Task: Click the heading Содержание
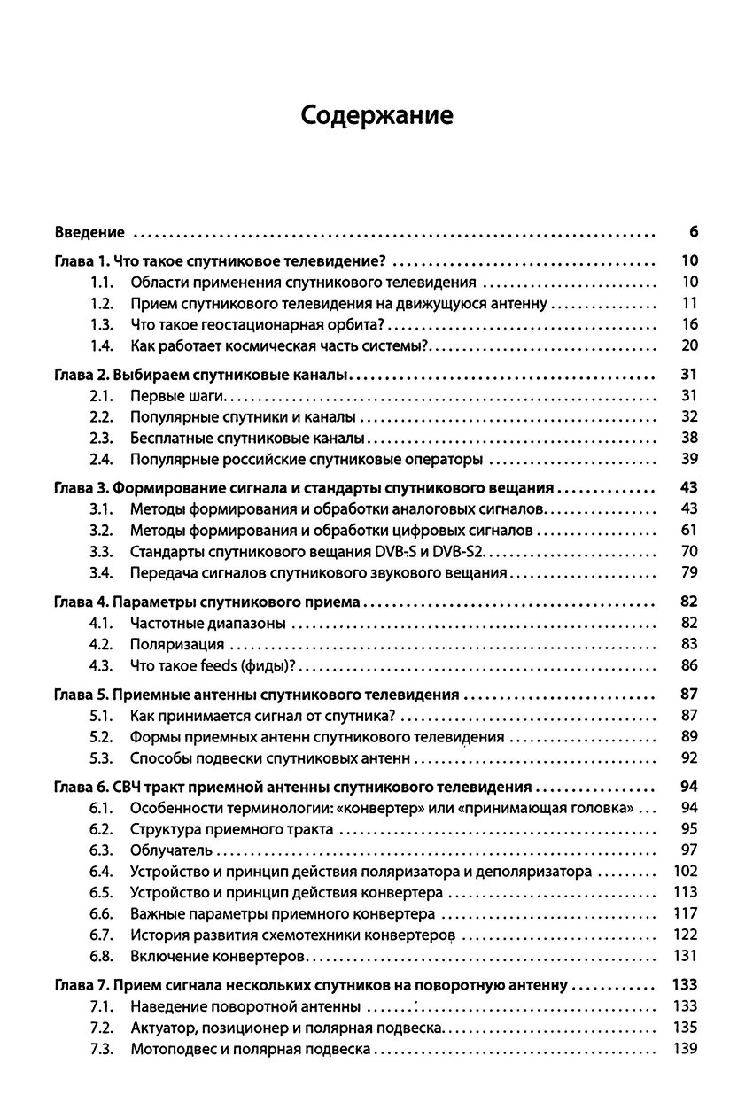tap(376, 116)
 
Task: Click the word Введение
tap(89, 233)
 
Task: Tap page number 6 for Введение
tap(693, 233)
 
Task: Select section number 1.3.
tap(103, 324)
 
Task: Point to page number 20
tap(690, 345)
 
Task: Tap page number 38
tap(690, 438)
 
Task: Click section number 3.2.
tap(103, 531)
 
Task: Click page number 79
tap(690, 573)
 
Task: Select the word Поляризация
tap(176, 645)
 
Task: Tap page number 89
tap(690, 737)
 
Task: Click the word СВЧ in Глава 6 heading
tap(129, 787)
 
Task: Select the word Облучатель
tap(171, 850)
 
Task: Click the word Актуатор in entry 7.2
tap(162, 1028)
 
